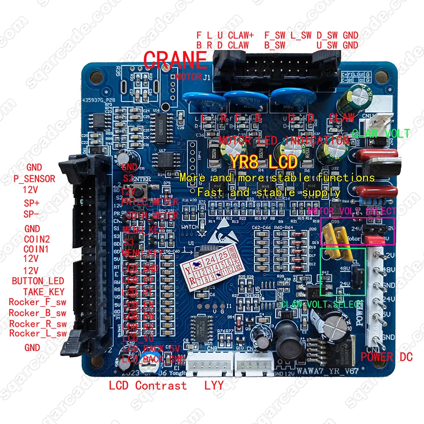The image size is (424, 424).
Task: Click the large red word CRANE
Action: coord(176,60)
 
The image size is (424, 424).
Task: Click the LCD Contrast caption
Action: coord(148,385)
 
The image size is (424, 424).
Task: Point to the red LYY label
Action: coord(214,386)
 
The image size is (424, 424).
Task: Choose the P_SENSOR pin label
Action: coord(34,179)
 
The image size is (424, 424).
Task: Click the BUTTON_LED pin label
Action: coord(38,281)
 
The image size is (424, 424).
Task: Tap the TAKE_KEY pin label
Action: coord(44,291)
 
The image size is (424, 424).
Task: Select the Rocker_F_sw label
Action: coord(37,302)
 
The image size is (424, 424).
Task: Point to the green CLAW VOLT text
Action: coord(381,134)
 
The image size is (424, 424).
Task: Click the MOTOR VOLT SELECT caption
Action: coord(351,211)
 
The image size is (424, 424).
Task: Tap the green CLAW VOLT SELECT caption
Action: coord(322,304)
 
